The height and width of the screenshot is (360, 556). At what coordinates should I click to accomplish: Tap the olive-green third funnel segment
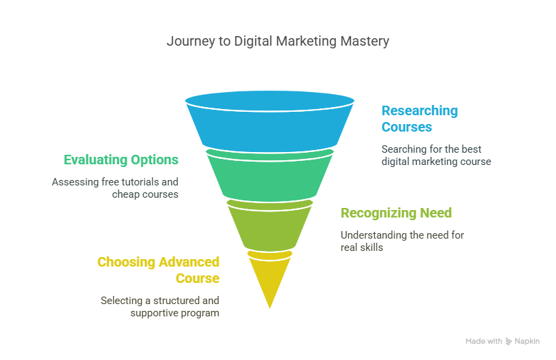[270, 227]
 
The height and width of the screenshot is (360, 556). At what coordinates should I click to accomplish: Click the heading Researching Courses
[420, 119]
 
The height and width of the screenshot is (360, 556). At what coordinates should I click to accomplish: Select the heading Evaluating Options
[121, 160]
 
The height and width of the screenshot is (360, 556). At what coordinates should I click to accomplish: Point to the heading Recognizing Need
[396, 213]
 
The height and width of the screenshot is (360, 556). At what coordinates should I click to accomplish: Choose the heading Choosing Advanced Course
[158, 270]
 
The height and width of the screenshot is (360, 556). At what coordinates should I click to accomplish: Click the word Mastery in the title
[365, 42]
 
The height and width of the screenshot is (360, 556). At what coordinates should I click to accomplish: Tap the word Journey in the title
[191, 42]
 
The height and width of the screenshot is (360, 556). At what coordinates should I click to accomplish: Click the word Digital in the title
[253, 42]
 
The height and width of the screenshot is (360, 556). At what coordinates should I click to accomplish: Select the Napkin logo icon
[508, 342]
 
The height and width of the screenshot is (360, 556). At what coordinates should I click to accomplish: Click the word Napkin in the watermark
[527, 342]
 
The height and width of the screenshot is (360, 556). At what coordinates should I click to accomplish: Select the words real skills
[362, 247]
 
